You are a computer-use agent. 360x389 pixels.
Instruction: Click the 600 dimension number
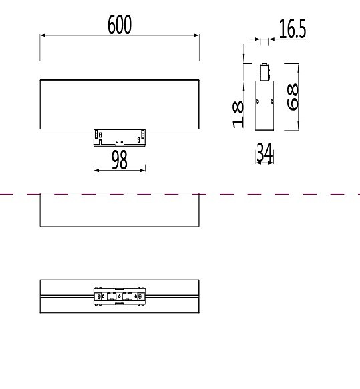(120, 25)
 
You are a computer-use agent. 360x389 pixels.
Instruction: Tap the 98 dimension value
(120, 160)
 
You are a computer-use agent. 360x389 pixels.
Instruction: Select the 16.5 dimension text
(292, 29)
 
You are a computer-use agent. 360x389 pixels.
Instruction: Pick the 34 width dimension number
(264, 153)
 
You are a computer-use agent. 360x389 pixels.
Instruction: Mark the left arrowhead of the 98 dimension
(96, 170)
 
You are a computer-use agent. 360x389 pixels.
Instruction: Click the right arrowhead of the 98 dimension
(144, 170)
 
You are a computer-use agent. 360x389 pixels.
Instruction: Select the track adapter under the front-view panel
(120, 137)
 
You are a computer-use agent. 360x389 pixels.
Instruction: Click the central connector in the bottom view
(120, 296)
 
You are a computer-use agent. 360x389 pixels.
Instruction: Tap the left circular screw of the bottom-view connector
(100, 296)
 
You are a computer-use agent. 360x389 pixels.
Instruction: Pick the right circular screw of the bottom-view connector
(139, 296)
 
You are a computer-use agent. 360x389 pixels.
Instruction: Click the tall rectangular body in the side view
(264, 104)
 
